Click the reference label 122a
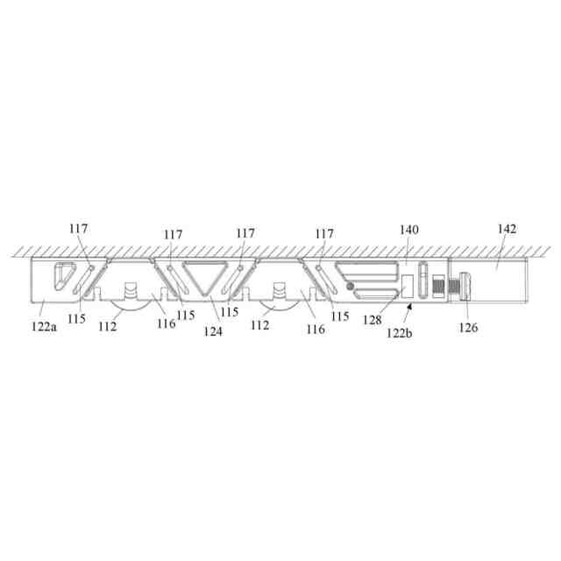tap(44, 327)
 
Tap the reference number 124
tap(213, 331)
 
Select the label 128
tap(373, 320)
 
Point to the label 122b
tap(400, 333)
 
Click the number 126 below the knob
tap(468, 327)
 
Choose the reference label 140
tap(409, 230)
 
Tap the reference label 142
tap(507, 229)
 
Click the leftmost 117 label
tap(78, 228)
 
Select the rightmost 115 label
tap(340, 316)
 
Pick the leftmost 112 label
tap(108, 326)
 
